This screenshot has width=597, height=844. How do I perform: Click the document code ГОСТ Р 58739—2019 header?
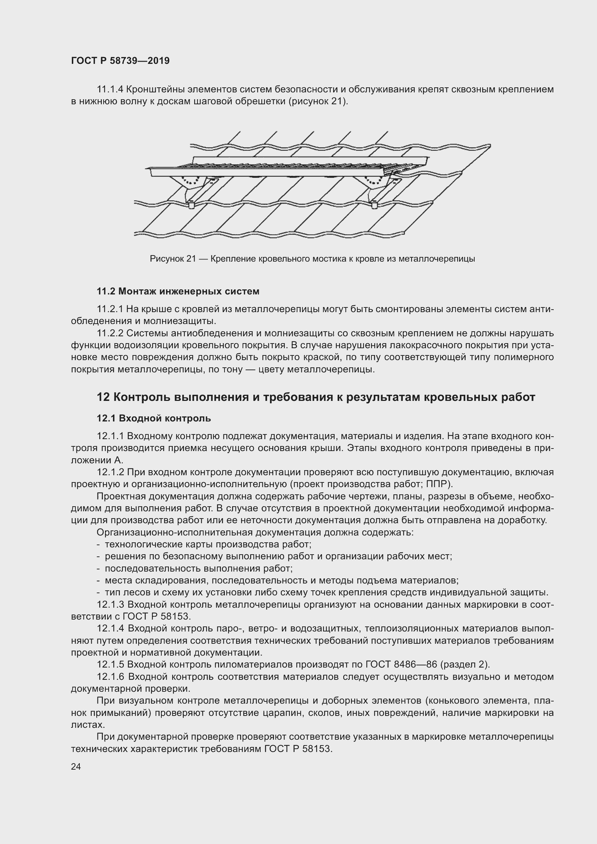pyautogui.click(x=120, y=61)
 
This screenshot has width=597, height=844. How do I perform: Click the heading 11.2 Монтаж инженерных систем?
pyautogui.click(x=178, y=292)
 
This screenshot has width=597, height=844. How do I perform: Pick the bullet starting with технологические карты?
pyautogui.click(x=208, y=544)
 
